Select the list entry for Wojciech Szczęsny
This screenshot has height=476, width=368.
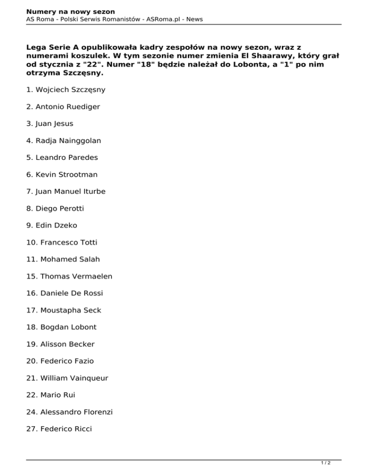point(66,90)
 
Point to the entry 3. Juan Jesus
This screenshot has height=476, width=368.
point(50,124)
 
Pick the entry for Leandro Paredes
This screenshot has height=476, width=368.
point(62,158)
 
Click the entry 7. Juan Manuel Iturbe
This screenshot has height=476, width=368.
point(66,192)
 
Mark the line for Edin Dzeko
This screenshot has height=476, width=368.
point(52,226)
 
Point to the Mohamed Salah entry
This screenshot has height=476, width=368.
point(63,260)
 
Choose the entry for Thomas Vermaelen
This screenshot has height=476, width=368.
point(69,277)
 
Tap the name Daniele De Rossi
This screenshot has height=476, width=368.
point(65,294)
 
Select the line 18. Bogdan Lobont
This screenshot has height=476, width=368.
point(62,328)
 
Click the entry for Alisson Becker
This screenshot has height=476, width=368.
point(61,344)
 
